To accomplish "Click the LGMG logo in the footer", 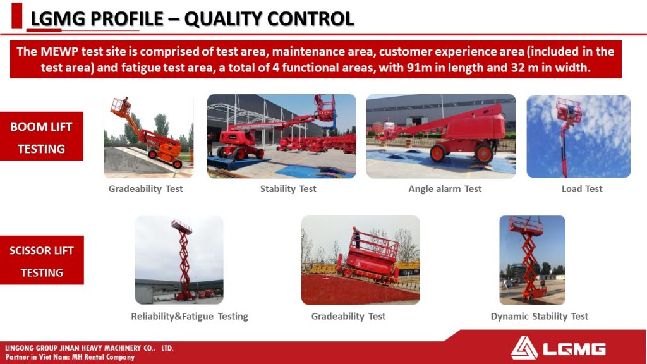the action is pyautogui.click(x=558, y=348).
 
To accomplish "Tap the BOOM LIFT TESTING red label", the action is pyautogui.click(x=41, y=136).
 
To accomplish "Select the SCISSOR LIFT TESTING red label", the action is pyautogui.click(x=42, y=260).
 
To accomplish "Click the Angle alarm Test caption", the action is pyautogui.click(x=445, y=189).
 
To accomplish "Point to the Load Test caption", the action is pyautogui.click(x=582, y=189).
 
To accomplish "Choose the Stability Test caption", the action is pyautogui.click(x=288, y=189).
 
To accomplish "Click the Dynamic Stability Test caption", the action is pyautogui.click(x=540, y=317).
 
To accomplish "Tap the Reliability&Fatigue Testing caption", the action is pyautogui.click(x=190, y=317).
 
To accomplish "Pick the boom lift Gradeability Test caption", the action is pyautogui.click(x=146, y=189).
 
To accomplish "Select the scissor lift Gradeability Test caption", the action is pyautogui.click(x=348, y=317).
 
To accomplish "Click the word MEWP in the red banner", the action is pyautogui.click(x=59, y=52).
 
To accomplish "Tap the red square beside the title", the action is pyautogui.click(x=17, y=16).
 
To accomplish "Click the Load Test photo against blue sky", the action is pyautogui.click(x=579, y=136).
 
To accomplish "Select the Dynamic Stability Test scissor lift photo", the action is pyautogui.click(x=532, y=260).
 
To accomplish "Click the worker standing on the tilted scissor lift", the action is pyautogui.click(x=356, y=237).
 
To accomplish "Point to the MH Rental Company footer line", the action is pyautogui.click(x=70, y=357).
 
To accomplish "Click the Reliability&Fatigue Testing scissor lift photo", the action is pyautogui.click(x=179, y=260).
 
